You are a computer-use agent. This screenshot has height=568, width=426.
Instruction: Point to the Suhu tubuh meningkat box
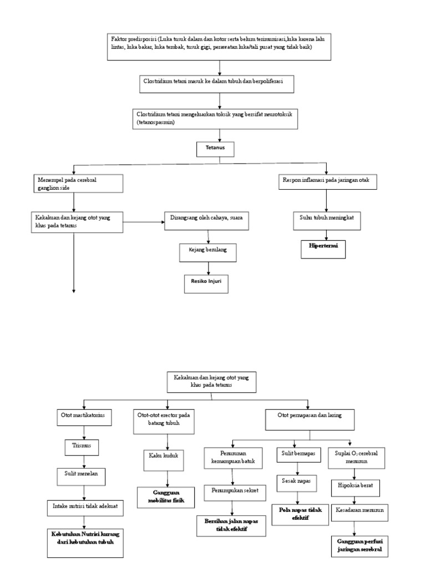tap(327, 217)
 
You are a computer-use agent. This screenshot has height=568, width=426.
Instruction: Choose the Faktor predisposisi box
tap(220, 45)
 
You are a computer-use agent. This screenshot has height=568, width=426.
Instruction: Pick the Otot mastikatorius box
tap(83, 414)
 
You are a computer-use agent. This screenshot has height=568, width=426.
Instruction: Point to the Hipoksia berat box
tap(356, 486)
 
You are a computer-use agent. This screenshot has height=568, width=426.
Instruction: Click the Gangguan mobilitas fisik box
tap(166, 497)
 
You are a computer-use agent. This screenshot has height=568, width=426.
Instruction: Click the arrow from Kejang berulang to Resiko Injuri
tap(208, 267)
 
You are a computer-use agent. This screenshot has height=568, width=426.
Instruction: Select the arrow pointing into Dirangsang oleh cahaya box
tap(144, 223)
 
